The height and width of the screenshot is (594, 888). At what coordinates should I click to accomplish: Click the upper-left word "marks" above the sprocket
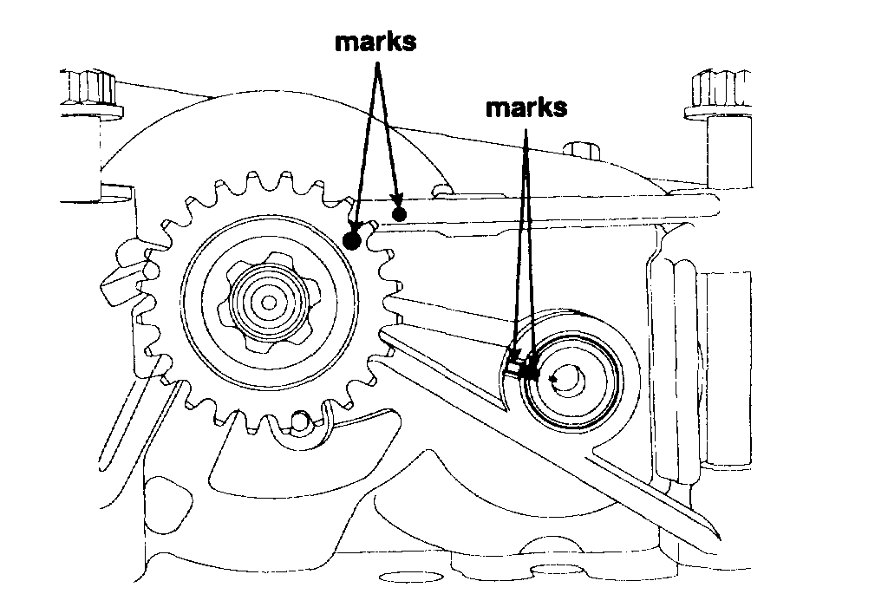coord(375,42)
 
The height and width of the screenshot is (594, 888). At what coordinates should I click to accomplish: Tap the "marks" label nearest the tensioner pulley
coord(526,108)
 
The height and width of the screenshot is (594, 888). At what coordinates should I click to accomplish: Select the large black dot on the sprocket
coord(352,241)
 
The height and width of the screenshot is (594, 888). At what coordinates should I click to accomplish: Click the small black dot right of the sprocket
coord(399,213)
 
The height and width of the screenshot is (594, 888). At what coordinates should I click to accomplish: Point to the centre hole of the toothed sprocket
coord(269,302)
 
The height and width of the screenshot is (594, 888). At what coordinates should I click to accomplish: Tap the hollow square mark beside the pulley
coord(513,368)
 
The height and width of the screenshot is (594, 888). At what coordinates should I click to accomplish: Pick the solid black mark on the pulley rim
coord(532,374)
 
